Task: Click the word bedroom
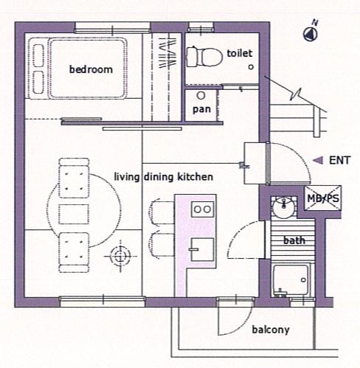click(91, 69)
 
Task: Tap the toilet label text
click(240, 53)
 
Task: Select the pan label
click(201, 109)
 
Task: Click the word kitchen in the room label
click(195, 177)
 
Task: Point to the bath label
click(294, 240)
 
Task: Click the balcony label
click(271, 330)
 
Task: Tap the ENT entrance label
click(339, 160)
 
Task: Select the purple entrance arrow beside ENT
click(318, 161)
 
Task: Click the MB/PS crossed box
click(323, 198)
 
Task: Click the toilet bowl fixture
click(204, 57)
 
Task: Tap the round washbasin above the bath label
click(284, 207)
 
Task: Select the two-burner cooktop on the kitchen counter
click(203, 209)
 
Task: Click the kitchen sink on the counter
click(202, 249)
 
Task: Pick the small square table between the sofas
click(74, 214)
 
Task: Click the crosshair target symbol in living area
click(120, 257)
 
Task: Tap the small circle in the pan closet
click(201, 95)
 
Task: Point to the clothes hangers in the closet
click(167, 52)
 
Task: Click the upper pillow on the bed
click(38, 55)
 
